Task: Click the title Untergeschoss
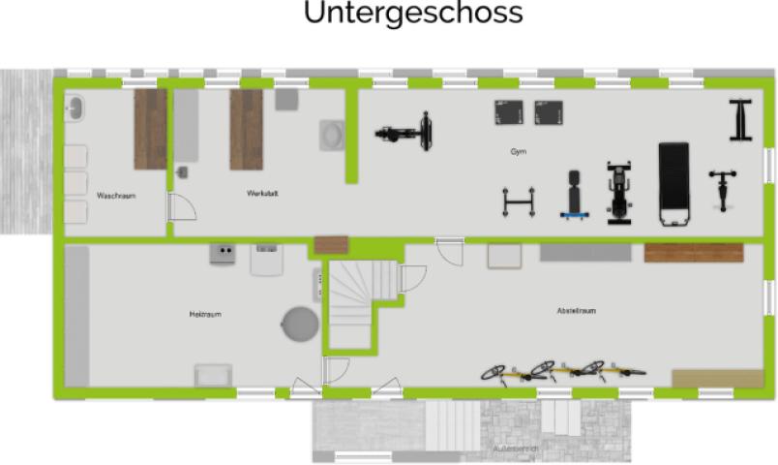(x=412, y=14)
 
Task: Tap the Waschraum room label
(x=115, y=196)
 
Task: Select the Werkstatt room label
(x=262, y=194)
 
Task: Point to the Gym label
(x=519, y=152)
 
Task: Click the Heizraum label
(x=205, y=314)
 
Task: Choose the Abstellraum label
(x=576, y=311)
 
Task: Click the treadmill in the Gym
(x=673, y=183)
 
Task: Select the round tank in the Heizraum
(x=299, y=324)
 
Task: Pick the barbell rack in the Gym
(x=518, y=201)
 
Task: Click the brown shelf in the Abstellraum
(x=693, y=253)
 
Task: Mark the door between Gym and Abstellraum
(x=448, y=250)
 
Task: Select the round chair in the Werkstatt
(x=332, y=134)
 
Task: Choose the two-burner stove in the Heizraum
(x=223, y=254)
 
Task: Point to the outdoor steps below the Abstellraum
(x=452, y=420)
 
